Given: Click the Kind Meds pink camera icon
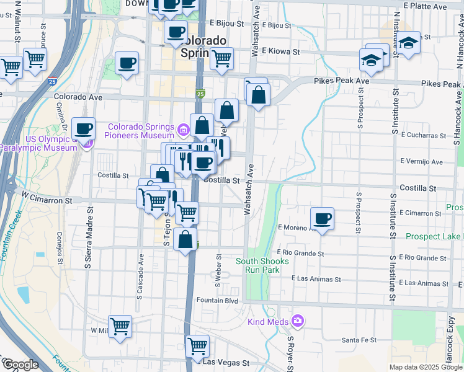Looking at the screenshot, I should pyautogui.click(x=298, y=321).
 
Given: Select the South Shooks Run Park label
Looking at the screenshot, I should pyautogui.click(x=262, y=265).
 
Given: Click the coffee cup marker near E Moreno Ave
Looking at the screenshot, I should pyautogui.click(x=322, y=218).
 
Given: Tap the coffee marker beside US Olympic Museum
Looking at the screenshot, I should pyautogui.click(x=83, y=129).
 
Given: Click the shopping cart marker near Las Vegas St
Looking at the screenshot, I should pyautogui.click(x=197, y=346).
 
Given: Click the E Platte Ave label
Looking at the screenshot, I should pyautogui.click(x=424, y=6).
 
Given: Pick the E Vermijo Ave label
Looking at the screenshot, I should pyautogui.click(x=422, y=162).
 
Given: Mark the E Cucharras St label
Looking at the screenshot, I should pyautogui.click(x=424, y=135).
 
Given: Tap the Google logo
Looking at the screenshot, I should pyautogui.click(x=20, y=365).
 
